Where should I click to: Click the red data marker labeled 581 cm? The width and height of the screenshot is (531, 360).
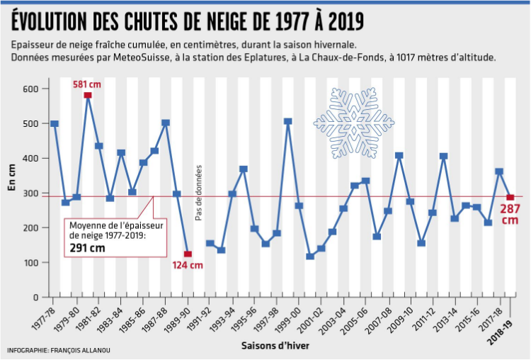[x=88, y=95]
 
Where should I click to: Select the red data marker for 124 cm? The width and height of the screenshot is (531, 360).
[x=188, y=254]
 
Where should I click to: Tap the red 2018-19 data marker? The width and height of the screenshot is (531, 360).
[x=510, y=197]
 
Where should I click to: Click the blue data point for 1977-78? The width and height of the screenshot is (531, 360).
[x=55, y=124]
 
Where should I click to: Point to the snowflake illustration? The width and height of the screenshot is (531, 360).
[x=353, y=122]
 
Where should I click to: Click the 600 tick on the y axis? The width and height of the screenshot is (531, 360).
[x=31, y=89]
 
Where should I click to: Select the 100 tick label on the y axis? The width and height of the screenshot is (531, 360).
[x=31, y=263]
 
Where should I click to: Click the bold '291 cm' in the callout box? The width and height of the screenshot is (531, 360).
[x=87, y=248]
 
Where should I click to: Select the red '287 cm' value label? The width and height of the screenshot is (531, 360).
[x=509, y=214]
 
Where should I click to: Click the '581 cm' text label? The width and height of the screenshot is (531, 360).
[x=86, y=84]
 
